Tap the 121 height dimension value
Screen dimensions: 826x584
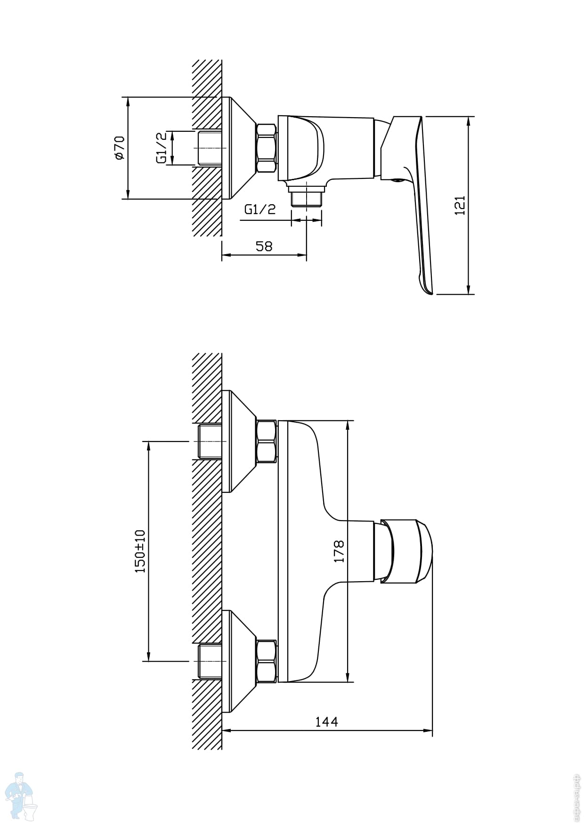click(x=460, y=205)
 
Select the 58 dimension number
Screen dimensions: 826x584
click(x=264, y=246)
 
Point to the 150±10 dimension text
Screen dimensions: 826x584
click(x=140, y=551)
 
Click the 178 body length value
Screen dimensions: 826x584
click(x=339, y=551)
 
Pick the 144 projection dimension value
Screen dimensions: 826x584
click(x=326, y=722)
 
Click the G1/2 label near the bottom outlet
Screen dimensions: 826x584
click(x=260, y=209)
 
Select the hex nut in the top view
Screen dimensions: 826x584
click(x=266, y=148)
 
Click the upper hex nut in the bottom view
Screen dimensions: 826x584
click(x=266, y=441)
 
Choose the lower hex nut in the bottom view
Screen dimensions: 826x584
click(x=266, y=661)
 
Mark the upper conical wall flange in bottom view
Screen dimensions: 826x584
click(x=240, y=441)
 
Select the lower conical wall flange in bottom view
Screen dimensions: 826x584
click(x=240, y=661)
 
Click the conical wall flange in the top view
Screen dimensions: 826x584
click(x=240, y=148)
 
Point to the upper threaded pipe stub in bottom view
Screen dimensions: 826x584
click(x=210, y=441)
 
